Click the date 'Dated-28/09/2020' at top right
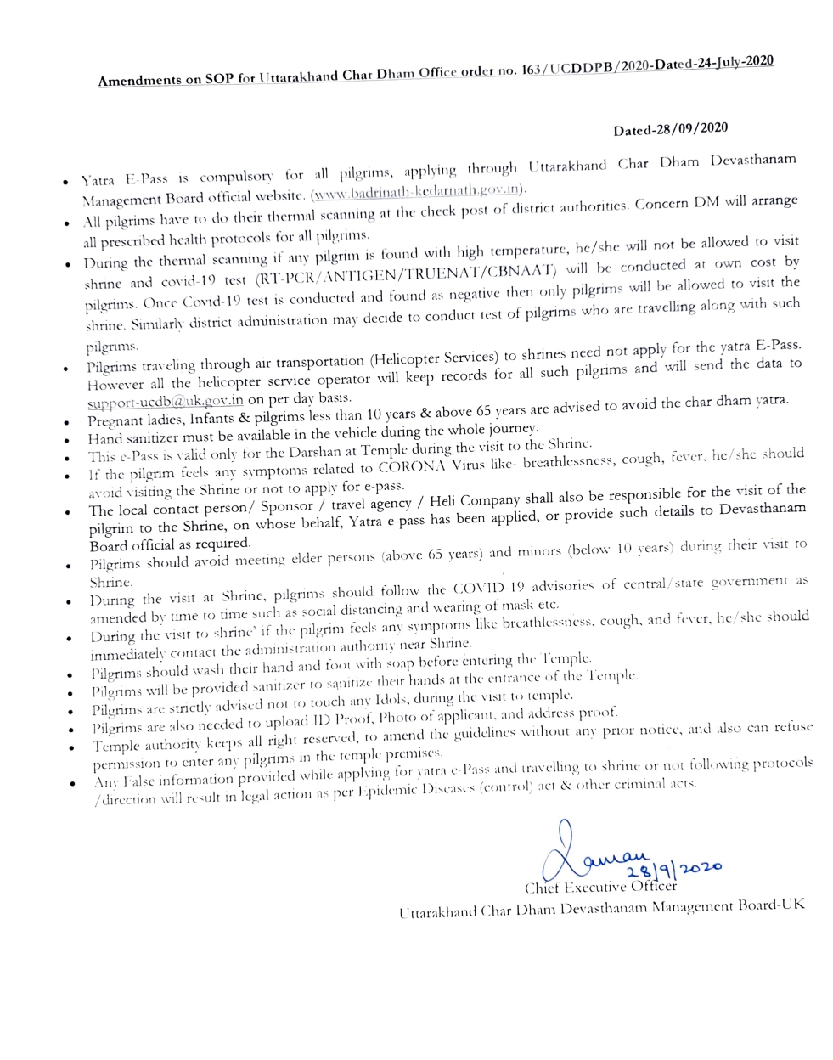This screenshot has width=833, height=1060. [670, 130]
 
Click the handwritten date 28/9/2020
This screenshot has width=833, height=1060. [673, 869]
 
